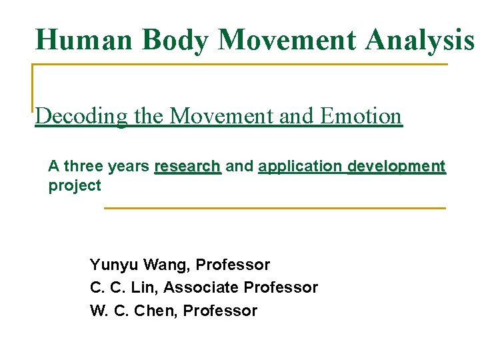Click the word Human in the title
coord(75,39)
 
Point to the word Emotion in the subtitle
coord(361,116)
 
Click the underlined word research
coord(187,166)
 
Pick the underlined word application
coord(301,166)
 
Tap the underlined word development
coord(397,166)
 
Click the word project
coord(75,186)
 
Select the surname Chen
coord(157,311)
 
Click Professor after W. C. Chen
coord(220,311)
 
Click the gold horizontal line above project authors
coord(275,209)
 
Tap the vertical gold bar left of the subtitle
coord(33,87)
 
